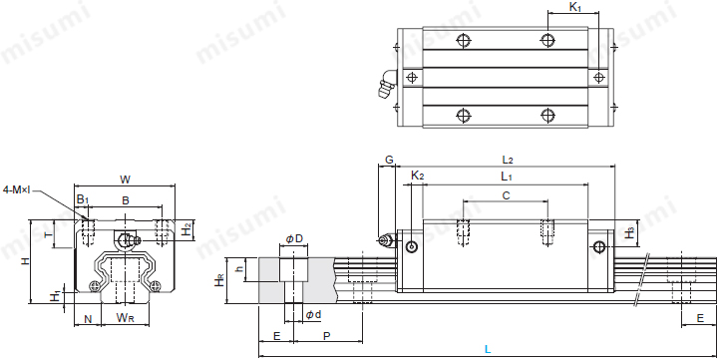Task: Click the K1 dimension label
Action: (575, 8)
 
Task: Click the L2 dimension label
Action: (507, 160)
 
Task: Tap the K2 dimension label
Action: (418, 177)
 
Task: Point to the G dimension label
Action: (389, 160)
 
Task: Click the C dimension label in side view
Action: (506, 195)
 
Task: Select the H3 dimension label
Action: (629, 232)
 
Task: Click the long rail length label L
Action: (487, 349)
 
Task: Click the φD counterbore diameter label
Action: (294, 238)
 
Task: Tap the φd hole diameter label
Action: (311, 315)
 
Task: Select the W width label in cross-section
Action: (124, 180)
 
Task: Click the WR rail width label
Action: (125, 318)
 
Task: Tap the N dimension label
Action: (88, 318)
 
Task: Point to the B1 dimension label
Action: (84, 199)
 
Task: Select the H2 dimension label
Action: (186, 230)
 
